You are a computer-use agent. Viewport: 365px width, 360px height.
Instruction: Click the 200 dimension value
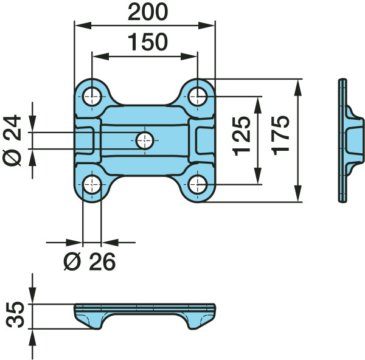pos(148,12)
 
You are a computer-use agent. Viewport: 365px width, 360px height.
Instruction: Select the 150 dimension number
pos(148,42)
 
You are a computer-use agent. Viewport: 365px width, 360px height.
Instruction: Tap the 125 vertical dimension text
pos(242,136)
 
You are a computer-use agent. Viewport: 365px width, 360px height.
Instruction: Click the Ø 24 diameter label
pos(12,140)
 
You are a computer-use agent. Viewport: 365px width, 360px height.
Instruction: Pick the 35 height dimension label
pos(15,314)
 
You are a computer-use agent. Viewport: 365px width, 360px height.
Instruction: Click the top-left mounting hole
pos(92,96)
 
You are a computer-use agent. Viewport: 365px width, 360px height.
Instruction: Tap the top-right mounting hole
pos(198,96)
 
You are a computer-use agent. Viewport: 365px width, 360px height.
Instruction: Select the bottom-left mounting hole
pos(92,185)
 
